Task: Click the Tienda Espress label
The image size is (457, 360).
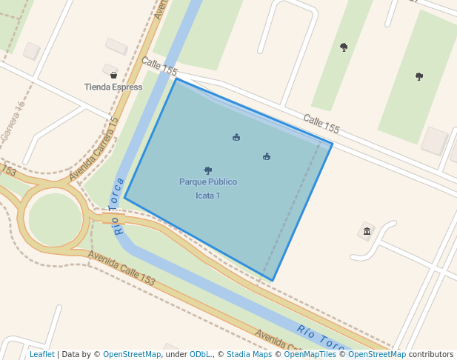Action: coord(113,87)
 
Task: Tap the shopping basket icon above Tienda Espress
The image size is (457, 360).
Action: coord(113,75)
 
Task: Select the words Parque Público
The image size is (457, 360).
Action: coord(208,181)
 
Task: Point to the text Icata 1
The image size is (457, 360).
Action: coord(208,196)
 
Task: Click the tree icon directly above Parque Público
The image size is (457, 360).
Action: coord(208,170)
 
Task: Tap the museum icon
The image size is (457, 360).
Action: coord(367,231)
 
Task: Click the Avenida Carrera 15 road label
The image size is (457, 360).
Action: coord(94,149)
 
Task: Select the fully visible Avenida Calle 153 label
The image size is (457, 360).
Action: coord(121,269)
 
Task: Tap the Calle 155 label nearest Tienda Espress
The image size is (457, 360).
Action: coord(159,67)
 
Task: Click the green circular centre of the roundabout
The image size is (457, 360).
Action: coord(55,219)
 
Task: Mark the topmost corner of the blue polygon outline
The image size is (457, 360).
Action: coord(176,79)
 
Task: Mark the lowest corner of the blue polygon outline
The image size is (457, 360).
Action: coord(273,281)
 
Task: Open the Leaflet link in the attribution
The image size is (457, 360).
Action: coord(41,355)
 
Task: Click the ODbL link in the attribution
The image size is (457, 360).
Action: coord(201,355)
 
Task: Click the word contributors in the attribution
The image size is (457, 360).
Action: coord(431,355)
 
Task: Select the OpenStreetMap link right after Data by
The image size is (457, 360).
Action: coord(132,355)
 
